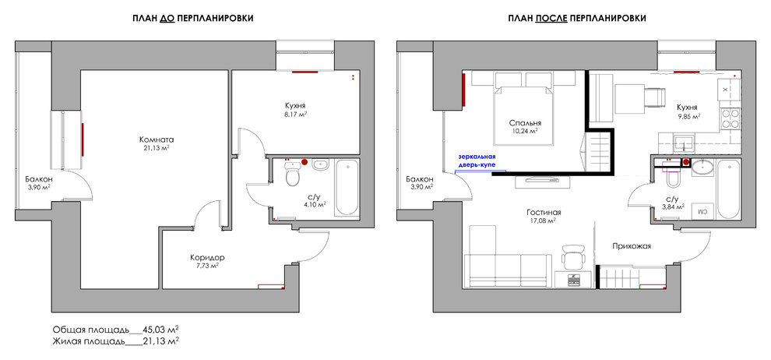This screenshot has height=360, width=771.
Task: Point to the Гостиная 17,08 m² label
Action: pyautogui.click(x=544, y=217)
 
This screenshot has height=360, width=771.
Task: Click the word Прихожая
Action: pyautogui.click(x=632, y=246)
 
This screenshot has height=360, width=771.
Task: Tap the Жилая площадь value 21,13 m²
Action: pyautogui.click(x=160, y=341)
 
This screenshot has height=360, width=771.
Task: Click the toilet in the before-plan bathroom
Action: pyautogui.click(x=292, y=175)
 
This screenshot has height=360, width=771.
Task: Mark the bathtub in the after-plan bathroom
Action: pyautogui.click(x=728, y=188)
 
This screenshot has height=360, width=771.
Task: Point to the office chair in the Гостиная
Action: pyautogui.click(x=573, y=256)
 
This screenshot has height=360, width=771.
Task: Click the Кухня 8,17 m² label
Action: pyautogui.click(x=295, y=110)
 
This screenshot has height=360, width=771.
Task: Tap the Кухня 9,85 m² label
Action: pyautogui.click(x=688, y=111)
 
